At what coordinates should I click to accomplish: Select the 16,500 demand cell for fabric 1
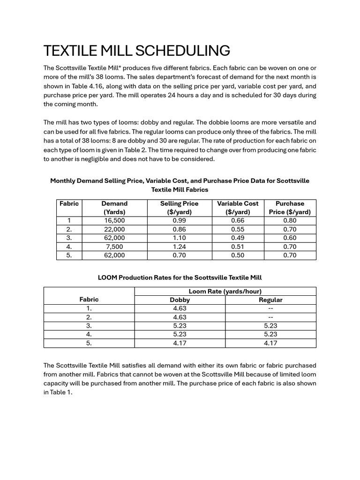coord(114,220)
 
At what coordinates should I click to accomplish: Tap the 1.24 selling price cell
coord(179,247)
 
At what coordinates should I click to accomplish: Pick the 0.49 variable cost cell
coord(238,238)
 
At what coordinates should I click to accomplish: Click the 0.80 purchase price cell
coord(290,220)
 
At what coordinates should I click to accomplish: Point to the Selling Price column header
coord(179,208)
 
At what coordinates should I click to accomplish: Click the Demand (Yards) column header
coord(114,208)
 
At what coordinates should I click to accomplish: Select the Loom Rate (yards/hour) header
coord(225,291)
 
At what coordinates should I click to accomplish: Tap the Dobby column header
coord(180,300)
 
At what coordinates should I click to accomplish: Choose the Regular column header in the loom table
coord(270,300)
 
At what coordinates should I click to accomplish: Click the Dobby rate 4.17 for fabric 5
coord(180,343)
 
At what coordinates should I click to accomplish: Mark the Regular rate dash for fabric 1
coord(270,309)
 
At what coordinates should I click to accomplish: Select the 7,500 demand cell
coord(114,247)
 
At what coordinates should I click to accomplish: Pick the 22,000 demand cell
coord(114,229)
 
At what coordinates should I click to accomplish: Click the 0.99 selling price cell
coord(179,220)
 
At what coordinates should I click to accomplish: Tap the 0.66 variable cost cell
coord(238,220)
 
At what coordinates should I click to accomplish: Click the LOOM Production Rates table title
coord(180,277)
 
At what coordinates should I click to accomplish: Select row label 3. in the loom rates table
coord(89,326)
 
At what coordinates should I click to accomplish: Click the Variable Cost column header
coord(238,208)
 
